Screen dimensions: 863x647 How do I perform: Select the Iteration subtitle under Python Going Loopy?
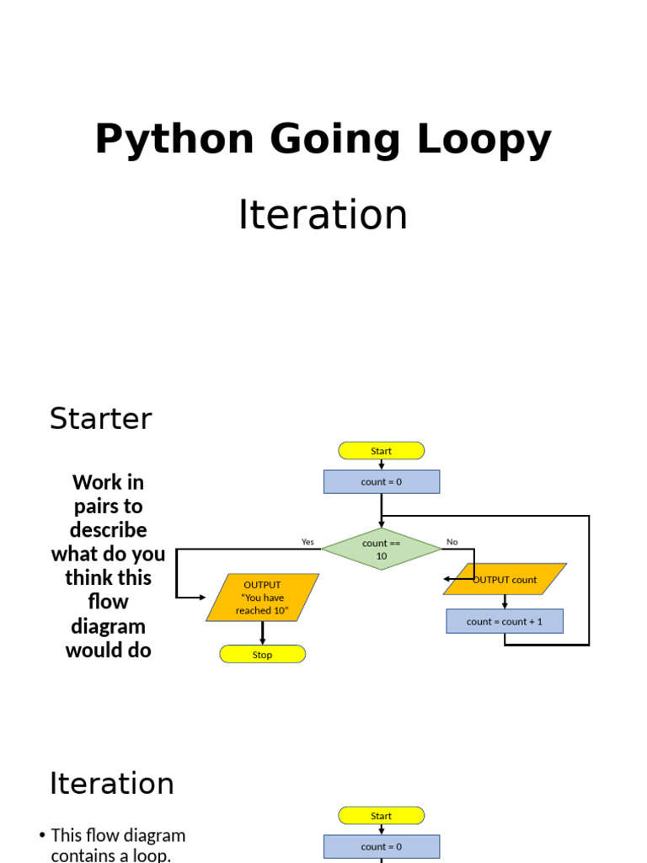pos(323,215)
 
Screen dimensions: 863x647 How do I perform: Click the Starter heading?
pos(101,419)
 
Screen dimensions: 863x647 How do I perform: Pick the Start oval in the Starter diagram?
pos(381,451)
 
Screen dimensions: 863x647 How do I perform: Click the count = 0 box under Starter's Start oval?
pos(381,482)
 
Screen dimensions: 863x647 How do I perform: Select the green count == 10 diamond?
pos(381,549)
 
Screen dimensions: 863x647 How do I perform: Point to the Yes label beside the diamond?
pos(307,542)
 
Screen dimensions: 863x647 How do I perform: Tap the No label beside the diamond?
pos(452,542)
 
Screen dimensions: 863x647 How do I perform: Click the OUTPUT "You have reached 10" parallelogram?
pos(262,598)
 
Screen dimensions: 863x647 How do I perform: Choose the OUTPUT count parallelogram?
pos(505,580)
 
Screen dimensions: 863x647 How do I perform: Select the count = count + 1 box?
pos(505,622)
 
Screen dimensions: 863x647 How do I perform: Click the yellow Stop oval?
pos(262,655)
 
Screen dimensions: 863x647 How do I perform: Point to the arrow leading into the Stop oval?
pos(262,635)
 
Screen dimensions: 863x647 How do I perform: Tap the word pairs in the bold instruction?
pos(108,507)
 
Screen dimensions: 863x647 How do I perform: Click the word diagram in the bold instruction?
pos(108,626)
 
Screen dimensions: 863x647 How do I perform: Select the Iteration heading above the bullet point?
pos(111,784)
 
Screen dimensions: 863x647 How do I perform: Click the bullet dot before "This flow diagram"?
pos(42,836)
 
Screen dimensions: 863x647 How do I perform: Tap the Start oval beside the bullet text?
pos(381,816)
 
